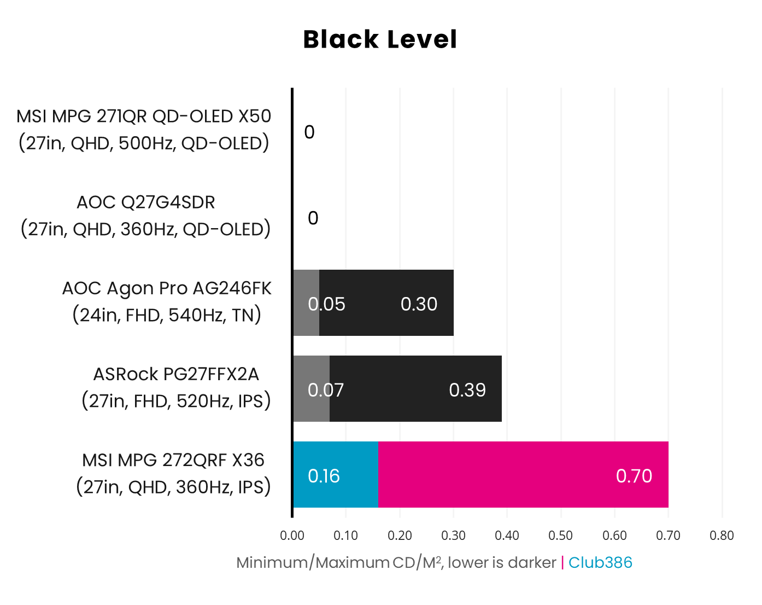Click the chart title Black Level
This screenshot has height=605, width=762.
380,39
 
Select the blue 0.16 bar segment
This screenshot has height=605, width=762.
335,474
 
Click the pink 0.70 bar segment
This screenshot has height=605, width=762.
523,474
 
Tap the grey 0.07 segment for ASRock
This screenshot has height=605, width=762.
312,388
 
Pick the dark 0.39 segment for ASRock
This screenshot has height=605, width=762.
415,388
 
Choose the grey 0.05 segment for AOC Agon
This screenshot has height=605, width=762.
306,302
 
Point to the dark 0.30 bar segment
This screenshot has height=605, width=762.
386,302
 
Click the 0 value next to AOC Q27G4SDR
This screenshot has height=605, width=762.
313,218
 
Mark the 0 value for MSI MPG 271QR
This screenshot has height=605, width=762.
309,132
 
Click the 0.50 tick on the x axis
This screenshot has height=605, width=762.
560,536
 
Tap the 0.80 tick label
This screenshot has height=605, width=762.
722,536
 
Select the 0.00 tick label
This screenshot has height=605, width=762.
292,536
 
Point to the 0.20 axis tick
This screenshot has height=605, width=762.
400,536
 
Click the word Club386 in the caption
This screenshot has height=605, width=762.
600,562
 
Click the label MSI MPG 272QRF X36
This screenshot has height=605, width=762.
173,460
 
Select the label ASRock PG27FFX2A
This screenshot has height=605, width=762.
176,374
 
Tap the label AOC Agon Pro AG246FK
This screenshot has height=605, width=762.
167,288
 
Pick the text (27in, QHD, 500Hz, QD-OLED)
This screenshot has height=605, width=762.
144,143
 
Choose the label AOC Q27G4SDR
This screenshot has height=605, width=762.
145,202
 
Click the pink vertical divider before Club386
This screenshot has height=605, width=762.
562,562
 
